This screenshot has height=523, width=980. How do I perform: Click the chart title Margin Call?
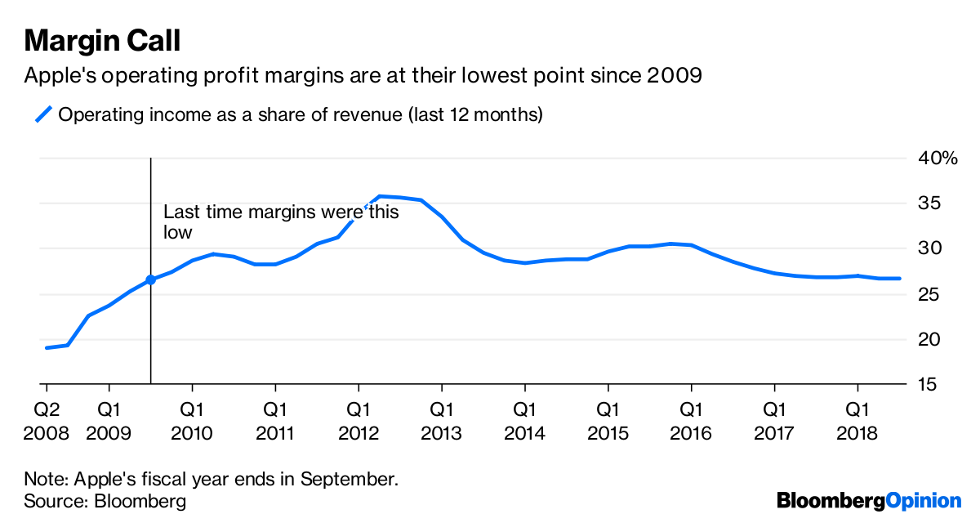click(103, 40)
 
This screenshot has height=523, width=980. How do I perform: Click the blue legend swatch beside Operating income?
click(43, 114)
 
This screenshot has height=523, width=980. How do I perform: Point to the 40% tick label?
click(937, 158)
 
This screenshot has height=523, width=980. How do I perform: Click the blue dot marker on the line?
click(150, 279)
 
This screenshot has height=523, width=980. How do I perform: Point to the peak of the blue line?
click(380, 196)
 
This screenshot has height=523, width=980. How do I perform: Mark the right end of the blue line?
click(899, 279)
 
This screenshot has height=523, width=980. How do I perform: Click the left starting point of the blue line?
click(47, 348)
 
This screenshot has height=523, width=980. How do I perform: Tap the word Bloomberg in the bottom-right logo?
click(830, 500)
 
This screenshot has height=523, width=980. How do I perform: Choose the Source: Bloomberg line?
click(105, 501)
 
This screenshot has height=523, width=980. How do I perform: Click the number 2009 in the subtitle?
click(674, 76)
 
